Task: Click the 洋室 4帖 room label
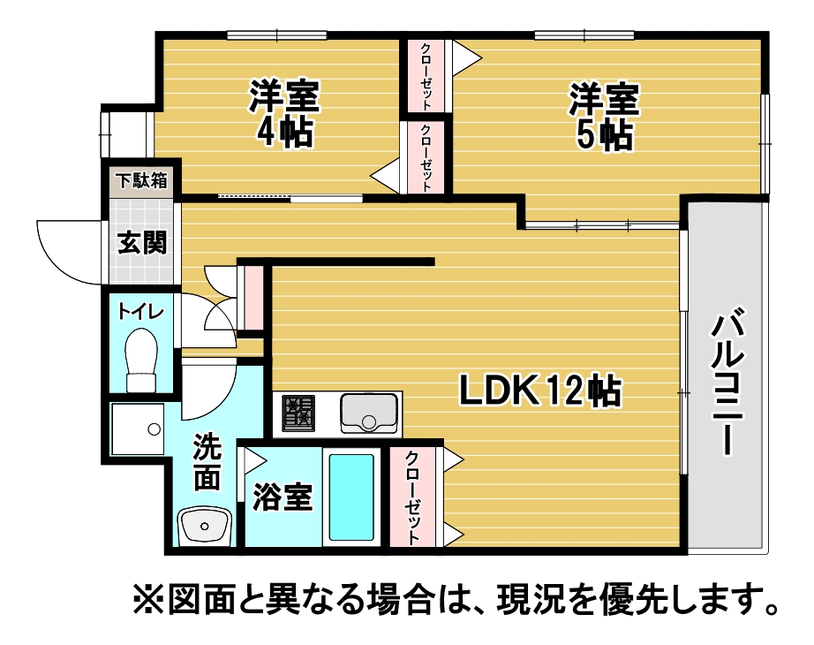click(284, 113)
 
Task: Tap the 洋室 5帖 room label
click(604, 117)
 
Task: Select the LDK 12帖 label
click(540, 391)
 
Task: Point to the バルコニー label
click(728, 382)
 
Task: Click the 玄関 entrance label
click(142, 243)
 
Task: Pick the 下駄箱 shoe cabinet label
click(142, 181)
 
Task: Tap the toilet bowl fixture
click(141, 360)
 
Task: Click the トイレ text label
click(140, 312)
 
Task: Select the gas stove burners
click(298, 414)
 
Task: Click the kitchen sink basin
click(369, 414)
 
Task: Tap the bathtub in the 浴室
click(351, 497)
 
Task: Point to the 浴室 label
click(283, 497)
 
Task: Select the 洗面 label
click(207, 461)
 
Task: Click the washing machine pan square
click(138, 429)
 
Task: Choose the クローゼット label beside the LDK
click(412, 497)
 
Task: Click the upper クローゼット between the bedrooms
click(426, 76)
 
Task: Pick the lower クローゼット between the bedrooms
click(426, 157)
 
